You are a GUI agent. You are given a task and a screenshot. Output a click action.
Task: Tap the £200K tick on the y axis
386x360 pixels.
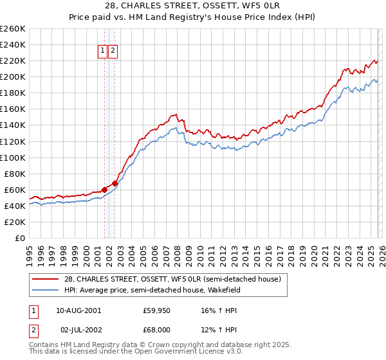[13, 76]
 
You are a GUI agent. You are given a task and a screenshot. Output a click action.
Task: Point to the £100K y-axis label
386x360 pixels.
[13, 157]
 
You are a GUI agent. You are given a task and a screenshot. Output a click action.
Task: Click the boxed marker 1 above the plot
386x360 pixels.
[102, 51]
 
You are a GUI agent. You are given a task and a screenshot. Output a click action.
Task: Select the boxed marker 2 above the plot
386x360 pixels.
[113, 51]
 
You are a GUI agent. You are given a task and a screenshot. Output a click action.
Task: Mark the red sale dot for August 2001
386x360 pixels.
[104, 190]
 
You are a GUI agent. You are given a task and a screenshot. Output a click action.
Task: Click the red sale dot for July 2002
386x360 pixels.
[115, 183]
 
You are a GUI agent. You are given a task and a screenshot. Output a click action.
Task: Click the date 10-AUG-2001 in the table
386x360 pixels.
[78, 310]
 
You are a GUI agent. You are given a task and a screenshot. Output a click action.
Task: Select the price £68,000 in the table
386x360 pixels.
[157, 329]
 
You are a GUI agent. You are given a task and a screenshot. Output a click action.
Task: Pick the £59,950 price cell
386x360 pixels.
[157, 310]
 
